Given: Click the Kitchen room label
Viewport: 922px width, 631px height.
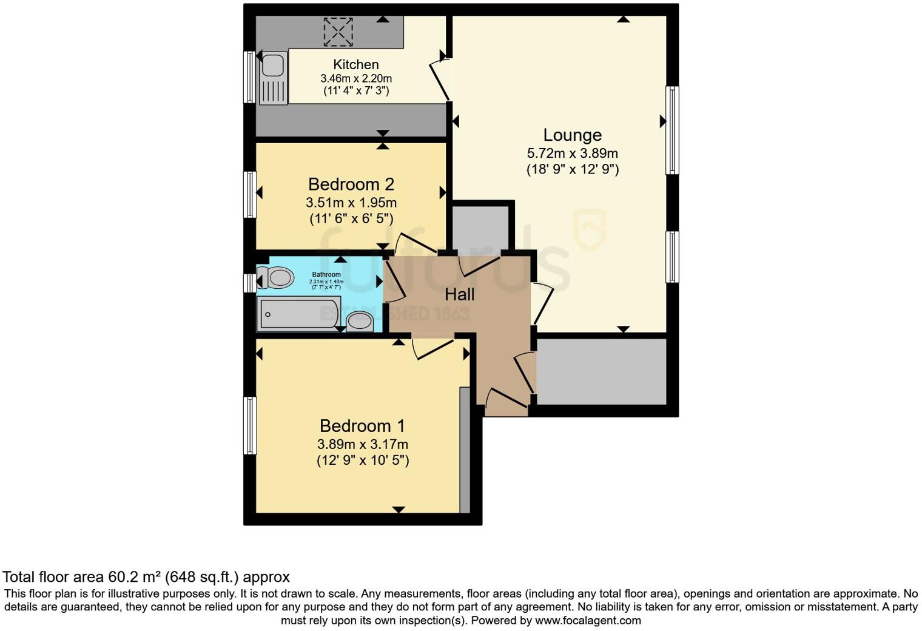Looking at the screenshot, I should coord(356,64).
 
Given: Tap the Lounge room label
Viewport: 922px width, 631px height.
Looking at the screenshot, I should coord(572,135).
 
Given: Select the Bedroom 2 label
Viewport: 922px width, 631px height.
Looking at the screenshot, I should coord(351,184).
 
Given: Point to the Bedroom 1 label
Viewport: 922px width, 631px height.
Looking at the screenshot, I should coord(362,426).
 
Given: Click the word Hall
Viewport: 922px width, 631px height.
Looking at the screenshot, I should coord(459,295).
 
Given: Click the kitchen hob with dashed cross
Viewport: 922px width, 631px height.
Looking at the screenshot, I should coord(338,32).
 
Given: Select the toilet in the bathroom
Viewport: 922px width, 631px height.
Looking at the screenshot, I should coord(277,278).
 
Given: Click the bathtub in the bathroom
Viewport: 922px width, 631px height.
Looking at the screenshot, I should coord(298,314).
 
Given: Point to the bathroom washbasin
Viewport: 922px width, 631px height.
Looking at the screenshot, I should coord(360,321).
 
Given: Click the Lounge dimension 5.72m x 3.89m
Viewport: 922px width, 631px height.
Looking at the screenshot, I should coord(572,154).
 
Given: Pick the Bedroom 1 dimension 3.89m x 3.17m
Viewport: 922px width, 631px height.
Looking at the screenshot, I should coord(362,444).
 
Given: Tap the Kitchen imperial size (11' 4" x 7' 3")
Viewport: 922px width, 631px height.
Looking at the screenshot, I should coord(356,91).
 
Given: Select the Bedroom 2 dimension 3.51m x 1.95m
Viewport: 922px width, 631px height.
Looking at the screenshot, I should coord(351,203).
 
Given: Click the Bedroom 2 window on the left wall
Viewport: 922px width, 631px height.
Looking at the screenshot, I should coord(249,194).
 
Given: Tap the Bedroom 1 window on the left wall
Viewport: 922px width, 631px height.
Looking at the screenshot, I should coord(249,425).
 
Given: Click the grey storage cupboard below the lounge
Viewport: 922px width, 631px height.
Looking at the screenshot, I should coord(602,371).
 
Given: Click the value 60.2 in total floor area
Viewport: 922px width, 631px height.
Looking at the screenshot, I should coord(121,576).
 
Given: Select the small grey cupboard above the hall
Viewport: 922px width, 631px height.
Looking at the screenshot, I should coord(481,228).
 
